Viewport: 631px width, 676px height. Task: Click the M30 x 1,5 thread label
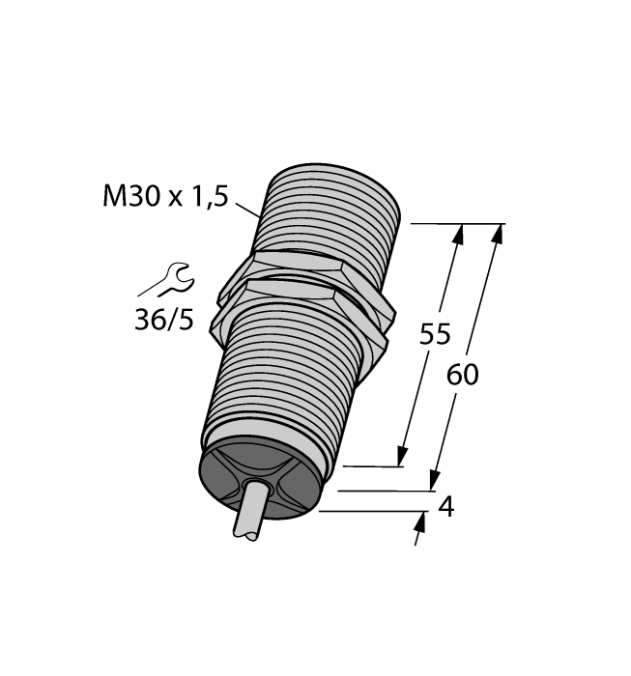(164, 197)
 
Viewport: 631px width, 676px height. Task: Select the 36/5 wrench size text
(163, 319)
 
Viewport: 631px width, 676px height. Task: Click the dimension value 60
(462, 375)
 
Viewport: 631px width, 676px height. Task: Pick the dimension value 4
(445, 507)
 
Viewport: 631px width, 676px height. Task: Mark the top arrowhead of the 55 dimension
(458, 235)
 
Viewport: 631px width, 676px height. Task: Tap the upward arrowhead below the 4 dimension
(421, 524)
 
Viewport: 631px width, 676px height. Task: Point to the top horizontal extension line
(454, 223)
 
